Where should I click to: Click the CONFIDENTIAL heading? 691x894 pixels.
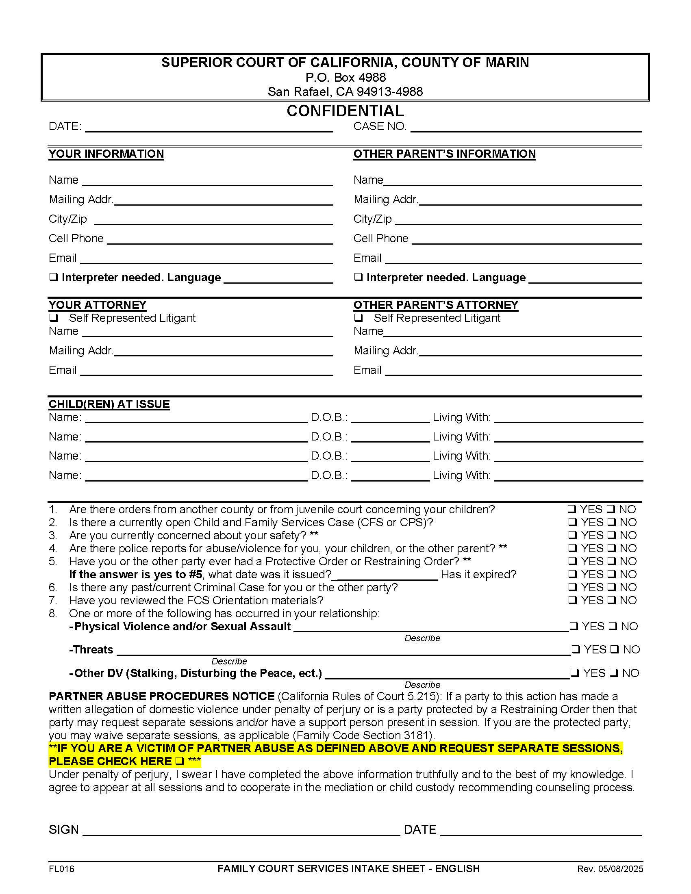point(345,111)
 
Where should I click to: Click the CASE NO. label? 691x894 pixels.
point(380,126)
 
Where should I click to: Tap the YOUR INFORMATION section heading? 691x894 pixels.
point(106,154)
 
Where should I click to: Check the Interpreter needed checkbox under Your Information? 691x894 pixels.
point(53,277)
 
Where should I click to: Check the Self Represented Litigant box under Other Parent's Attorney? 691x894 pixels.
point(358,318)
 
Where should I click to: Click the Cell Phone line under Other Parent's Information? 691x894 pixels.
point(526,240)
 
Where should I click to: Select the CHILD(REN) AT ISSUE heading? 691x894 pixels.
point(109,404)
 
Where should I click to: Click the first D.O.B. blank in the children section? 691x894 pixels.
point(390,418)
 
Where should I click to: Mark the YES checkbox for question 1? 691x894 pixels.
point(571,509)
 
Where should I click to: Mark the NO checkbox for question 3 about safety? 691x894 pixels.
point(611,535)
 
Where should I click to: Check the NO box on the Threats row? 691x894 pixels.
point(615,649)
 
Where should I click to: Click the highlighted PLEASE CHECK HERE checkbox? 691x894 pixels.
point(179,762)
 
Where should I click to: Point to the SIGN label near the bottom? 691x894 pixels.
point(63,830)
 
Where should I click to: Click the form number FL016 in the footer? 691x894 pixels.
point(61,869)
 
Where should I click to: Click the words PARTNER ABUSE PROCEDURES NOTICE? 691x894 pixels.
point(161,696)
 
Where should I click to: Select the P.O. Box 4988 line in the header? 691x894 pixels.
point(345,77)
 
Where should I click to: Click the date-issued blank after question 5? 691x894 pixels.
point(385,575)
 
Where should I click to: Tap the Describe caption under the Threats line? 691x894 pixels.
point(229,661)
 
